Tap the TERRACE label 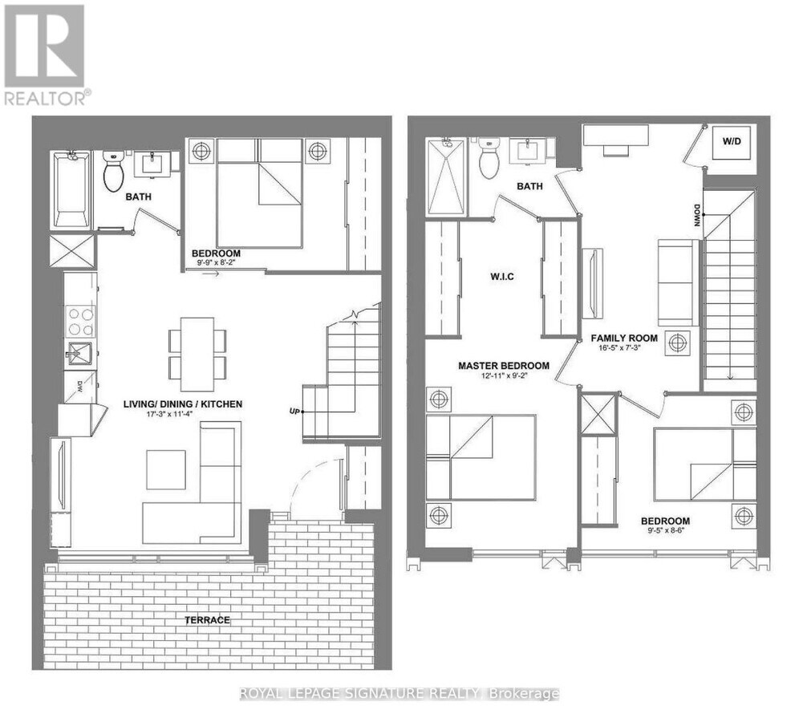click(207, 620)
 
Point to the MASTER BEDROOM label click(504, 366)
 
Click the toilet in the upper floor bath click(489, 160)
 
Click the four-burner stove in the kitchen click(81, 319)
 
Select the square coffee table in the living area click(165, 469)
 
